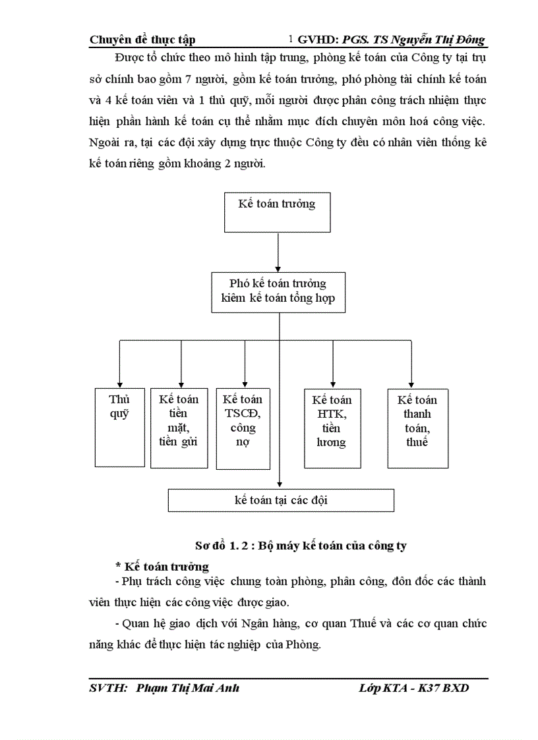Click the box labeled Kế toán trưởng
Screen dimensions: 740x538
click(x=277, y=212)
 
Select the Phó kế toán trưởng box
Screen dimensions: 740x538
click(x=278, y=291)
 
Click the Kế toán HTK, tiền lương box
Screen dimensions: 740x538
click(x=332, y=428)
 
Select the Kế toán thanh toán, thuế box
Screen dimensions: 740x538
click(x=417, y=428)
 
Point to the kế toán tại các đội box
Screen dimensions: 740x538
click(x=281, y=500)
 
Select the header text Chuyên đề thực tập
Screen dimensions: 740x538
click(x=142, y=40)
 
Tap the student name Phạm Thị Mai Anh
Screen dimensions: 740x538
click(x=187, y=689)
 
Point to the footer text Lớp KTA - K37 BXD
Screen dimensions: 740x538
click(x=414, y=689)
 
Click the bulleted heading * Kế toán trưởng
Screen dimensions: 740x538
click(x=162, y=566)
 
